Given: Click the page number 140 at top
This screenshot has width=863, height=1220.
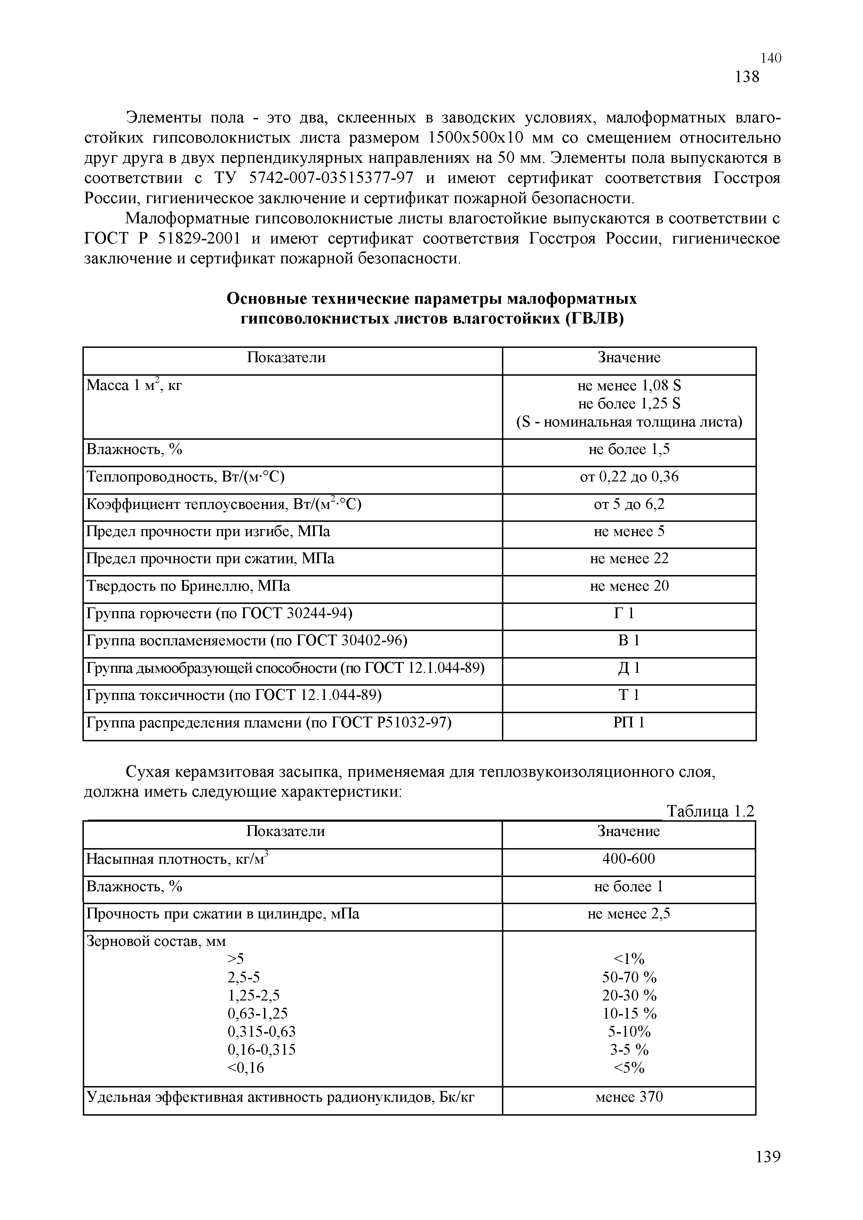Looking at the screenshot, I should coord(770,58).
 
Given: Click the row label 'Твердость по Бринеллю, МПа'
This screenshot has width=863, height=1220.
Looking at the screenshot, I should coord(188,586).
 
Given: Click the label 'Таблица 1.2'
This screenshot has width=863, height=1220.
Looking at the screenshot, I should coord(710,811).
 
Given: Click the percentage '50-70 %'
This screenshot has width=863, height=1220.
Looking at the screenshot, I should coord(629,977).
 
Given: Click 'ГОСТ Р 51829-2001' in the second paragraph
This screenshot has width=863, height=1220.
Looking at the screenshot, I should coord(162,239).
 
